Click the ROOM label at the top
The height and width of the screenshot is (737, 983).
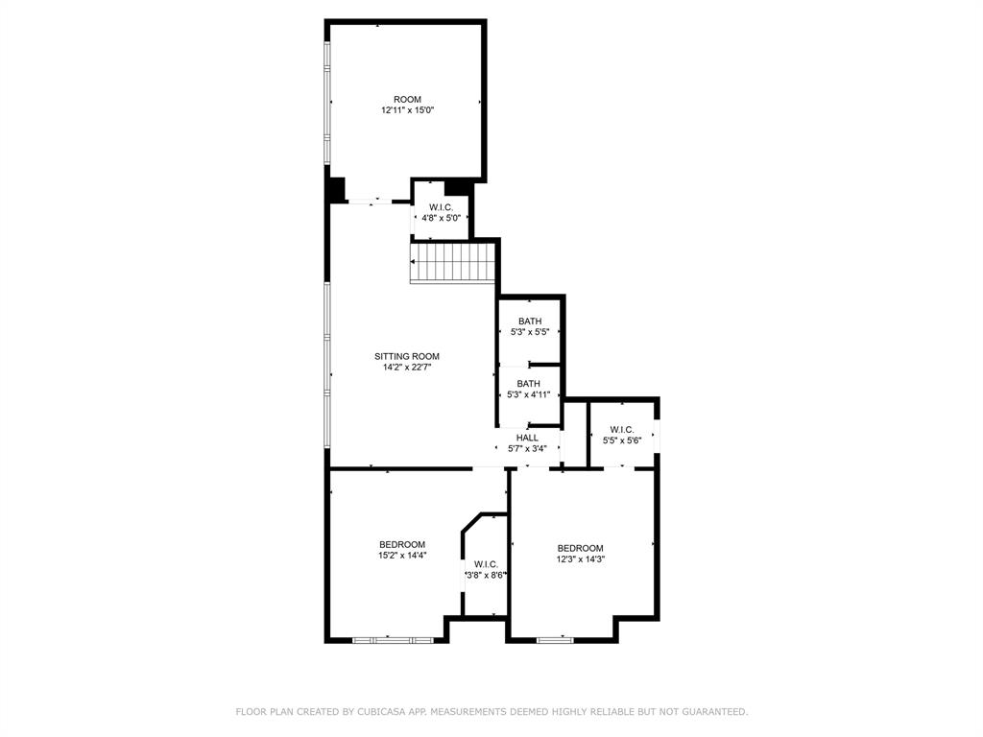pos(407,100)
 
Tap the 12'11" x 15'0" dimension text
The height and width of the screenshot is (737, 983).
pos(407,110)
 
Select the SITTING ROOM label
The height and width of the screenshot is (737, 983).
pos(407,356)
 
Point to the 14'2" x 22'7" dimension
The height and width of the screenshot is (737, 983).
pos(407,367)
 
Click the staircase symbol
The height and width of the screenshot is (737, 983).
pos(452,262)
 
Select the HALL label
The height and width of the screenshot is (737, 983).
pos(527,438)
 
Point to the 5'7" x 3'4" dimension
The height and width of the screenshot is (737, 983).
pos(527,448)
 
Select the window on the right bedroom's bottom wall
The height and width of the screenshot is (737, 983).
pos(555,639)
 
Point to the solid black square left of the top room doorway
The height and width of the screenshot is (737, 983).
pos(335,189)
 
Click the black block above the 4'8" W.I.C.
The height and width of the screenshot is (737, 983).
pos(457,186)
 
